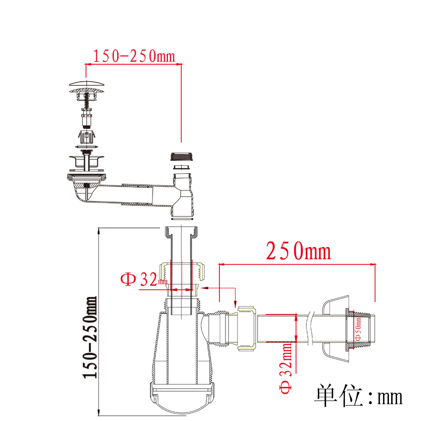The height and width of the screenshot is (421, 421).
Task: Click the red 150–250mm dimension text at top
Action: pos(134,56)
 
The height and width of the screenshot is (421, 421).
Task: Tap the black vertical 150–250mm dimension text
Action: pos(90,338)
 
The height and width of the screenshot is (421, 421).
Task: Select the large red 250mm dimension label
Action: pos(298,251)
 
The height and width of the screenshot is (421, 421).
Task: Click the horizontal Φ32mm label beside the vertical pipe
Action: pos(144,279)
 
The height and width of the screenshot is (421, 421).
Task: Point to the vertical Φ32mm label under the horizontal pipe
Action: pos(286,368)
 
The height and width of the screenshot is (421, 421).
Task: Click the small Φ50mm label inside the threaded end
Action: pos(358,329)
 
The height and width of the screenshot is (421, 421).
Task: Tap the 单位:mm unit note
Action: pos(359,396)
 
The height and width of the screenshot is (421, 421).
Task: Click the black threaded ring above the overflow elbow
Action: pos(181,157)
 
